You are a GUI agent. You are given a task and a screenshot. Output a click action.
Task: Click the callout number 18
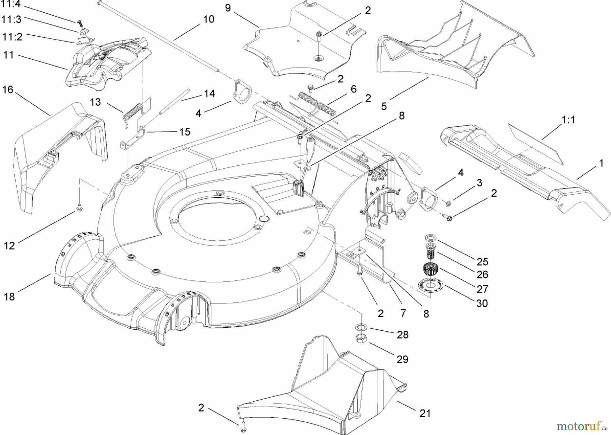coord(10,296)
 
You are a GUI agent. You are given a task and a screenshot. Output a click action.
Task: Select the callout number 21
coord(425,413)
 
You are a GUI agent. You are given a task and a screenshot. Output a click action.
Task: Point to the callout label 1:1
coord(568,120)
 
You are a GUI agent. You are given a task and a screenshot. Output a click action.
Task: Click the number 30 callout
coord(482,303)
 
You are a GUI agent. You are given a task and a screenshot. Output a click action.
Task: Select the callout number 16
coord(7,90)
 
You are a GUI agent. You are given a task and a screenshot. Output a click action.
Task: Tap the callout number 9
coord(228,8)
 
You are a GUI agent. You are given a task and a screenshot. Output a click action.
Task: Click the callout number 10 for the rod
coord(209,19)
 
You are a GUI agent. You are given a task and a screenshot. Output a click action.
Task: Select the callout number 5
coord(384,106)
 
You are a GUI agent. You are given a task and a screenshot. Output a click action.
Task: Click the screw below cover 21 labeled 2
coord(242,428)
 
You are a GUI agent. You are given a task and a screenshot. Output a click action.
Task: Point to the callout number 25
coord(482,261)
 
